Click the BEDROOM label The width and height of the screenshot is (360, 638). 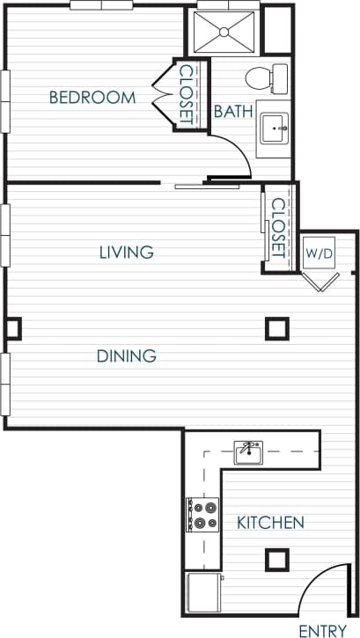92,98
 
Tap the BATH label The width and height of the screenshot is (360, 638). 233,112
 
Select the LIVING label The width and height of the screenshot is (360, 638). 126,253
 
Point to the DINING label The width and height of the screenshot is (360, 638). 126,356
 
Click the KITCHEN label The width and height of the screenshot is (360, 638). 270,523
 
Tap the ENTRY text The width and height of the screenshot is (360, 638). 322,630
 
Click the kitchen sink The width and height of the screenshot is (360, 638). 249,453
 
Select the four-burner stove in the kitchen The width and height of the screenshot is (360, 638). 203,515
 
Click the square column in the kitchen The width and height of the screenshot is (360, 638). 277,559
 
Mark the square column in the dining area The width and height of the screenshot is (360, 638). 276,328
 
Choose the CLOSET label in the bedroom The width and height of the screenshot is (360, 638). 187,94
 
